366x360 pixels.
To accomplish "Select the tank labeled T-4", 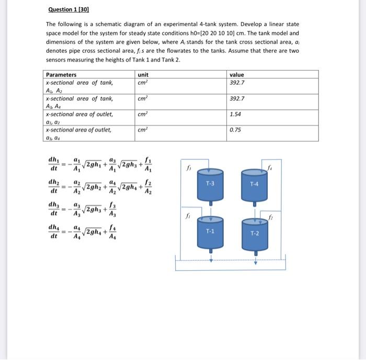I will coord(255,184).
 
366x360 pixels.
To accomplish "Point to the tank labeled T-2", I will coord(255,233).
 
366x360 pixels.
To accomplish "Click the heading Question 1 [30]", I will coord(68,9).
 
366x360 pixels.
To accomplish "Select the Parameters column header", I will coord(61,75).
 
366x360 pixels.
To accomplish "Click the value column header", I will coord(237,75).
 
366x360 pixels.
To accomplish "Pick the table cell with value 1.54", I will coord(236,114).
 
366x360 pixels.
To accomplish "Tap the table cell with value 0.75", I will coord(236,130).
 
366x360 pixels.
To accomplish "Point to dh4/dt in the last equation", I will coord(54,232).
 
